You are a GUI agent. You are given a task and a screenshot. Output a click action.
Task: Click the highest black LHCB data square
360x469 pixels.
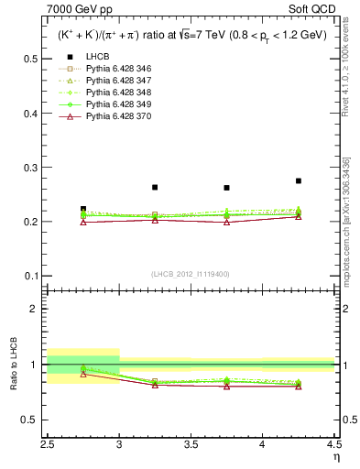pyautogui.click(x=298, y=181)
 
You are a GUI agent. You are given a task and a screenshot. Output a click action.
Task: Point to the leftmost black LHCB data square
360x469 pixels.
pyautogui.click(x=83, y=209)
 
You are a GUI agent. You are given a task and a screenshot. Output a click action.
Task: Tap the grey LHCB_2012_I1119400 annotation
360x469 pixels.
pyautogui.click(x=191, y=274)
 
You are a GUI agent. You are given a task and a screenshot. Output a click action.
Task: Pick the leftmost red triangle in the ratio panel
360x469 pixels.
pyautogui.click(x=83, y=374)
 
